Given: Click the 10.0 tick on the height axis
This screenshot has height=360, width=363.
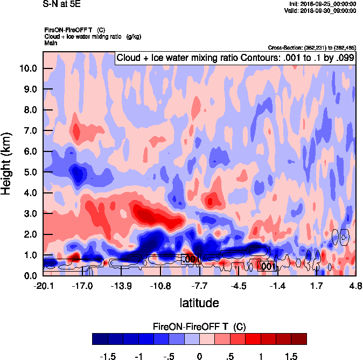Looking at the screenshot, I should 27,68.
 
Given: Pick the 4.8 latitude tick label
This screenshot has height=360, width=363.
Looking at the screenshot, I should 355,286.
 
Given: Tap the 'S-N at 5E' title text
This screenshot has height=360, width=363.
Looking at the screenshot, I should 61,3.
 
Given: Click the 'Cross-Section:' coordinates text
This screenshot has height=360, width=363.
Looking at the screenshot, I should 311,48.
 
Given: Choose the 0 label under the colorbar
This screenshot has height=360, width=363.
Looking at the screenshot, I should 199,356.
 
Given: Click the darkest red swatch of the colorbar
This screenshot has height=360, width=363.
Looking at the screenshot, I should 299,338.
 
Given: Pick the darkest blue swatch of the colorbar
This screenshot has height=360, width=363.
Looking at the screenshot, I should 100,338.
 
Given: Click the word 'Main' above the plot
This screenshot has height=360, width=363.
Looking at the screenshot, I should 51,42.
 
